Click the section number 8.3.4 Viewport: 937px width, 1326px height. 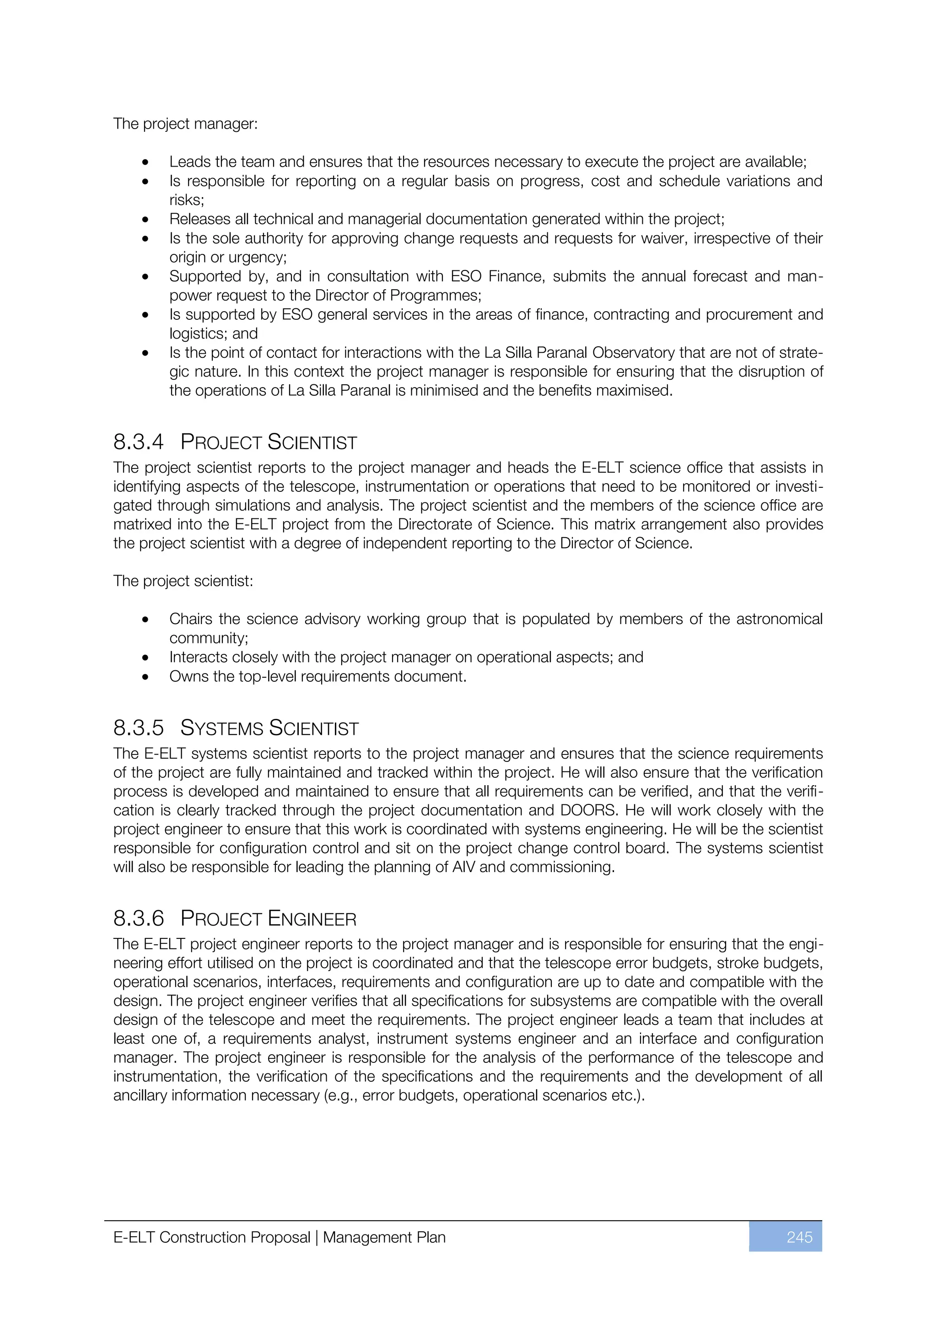pyautogui.click(x=139, y=442)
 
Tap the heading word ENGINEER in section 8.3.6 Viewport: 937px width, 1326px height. pyautogui.click(x=312, y=919)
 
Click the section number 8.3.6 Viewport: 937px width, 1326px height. pyautogui.click(x=139, y=919)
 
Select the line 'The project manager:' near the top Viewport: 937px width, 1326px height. pyautogui.click(x=185, y=124)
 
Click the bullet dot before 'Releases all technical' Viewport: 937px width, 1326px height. pyautogui.click(x=145, y=220)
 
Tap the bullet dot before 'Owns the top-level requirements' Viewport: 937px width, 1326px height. pyautogui.click(x=145, y=677)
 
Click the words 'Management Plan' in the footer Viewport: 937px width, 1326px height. pyautogui.click(x=384, y=1238)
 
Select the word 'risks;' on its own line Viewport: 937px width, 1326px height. pyautogui.click(x=187, y=200)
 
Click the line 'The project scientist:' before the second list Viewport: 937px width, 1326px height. pyautogui.click(x=183, y=581)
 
